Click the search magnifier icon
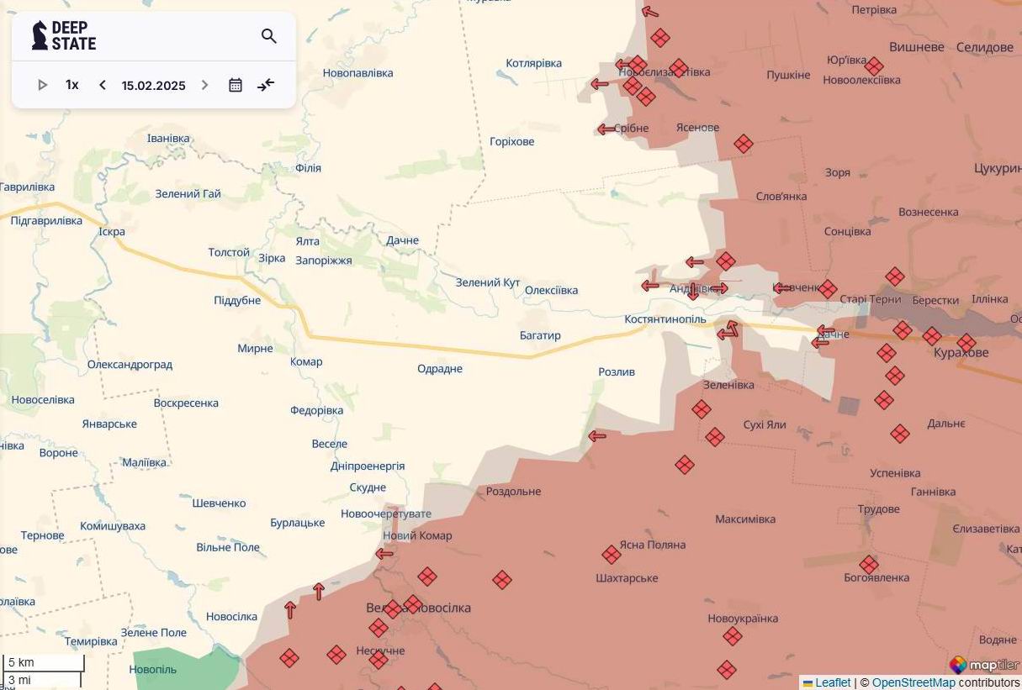(269, 36)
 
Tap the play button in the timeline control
(43, 85)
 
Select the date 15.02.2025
(153, 86)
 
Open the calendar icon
(236, 85)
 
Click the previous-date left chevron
(103, 85)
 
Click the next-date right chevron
(204, 85)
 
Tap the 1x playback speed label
(72, 85)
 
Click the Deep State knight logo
(40, 35)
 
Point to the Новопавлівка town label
(357, 73)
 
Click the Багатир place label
(540, 335)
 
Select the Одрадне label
(440, 369)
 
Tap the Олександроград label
(130, 365)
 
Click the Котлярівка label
(533, 63)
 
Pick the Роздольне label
(513, 492)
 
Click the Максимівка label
(745, 519)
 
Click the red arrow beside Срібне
(606, 129)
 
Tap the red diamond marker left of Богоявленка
(869, 565)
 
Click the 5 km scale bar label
(21, 662)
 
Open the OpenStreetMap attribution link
(913, 682)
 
